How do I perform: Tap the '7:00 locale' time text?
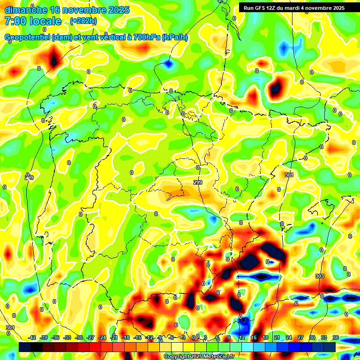point(33,21)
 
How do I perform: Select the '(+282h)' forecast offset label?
point(83,21)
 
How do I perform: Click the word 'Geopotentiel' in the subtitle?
point(28,37)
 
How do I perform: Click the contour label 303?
point(320,276)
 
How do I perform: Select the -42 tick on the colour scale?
point(32,337)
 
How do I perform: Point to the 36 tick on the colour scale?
point(336,337)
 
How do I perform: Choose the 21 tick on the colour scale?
point(277,337)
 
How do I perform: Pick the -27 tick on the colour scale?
point(90,337)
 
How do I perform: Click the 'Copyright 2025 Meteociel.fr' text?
point(199,357)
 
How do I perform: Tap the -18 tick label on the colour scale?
point(126,337)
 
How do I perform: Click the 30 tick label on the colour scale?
point(312,337)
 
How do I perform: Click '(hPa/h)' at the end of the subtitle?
point(175,37)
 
